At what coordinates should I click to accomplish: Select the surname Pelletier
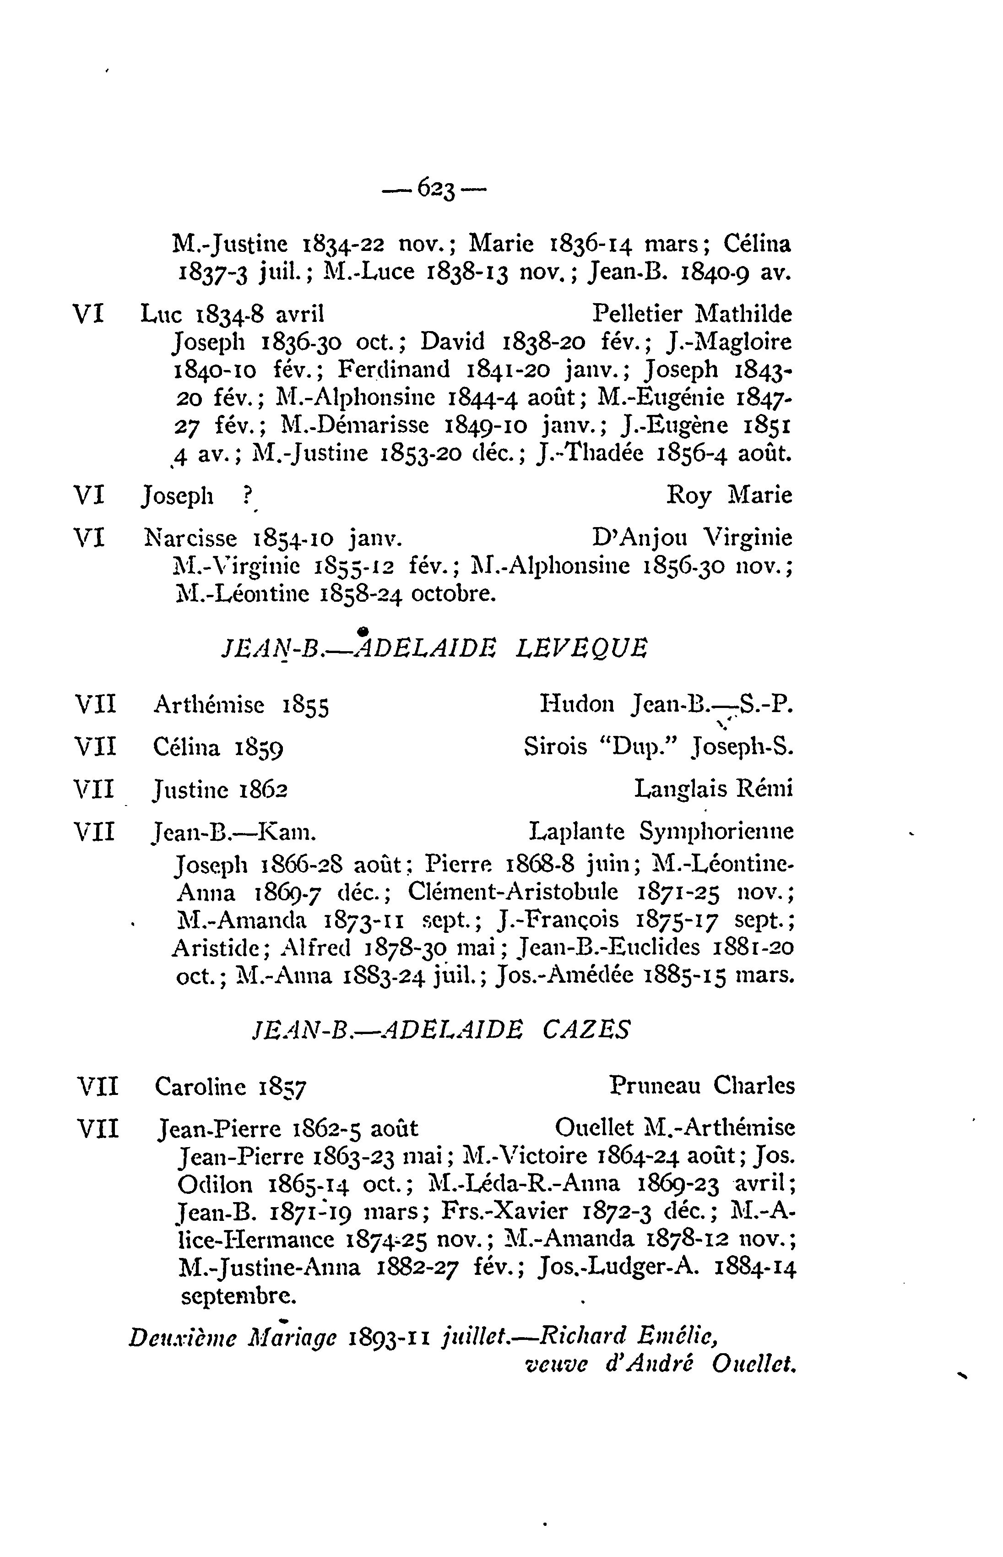[x=637, y=315]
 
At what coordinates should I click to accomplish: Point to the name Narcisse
[x=190, y=539]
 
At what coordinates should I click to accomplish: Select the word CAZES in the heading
[x=586, y=1030]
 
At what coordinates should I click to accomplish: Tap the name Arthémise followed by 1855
[x=208, y=704]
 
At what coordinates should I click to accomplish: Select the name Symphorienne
[x=716, y=832]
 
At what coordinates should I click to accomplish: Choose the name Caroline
[x=200, y=1086]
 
